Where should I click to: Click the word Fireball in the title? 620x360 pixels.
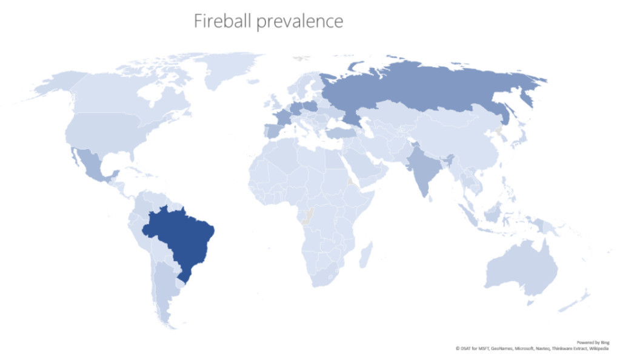[x=222, y=21]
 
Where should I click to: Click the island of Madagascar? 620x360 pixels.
[x=365, y=254]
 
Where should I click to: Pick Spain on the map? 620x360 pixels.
[x=270, y=131]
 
